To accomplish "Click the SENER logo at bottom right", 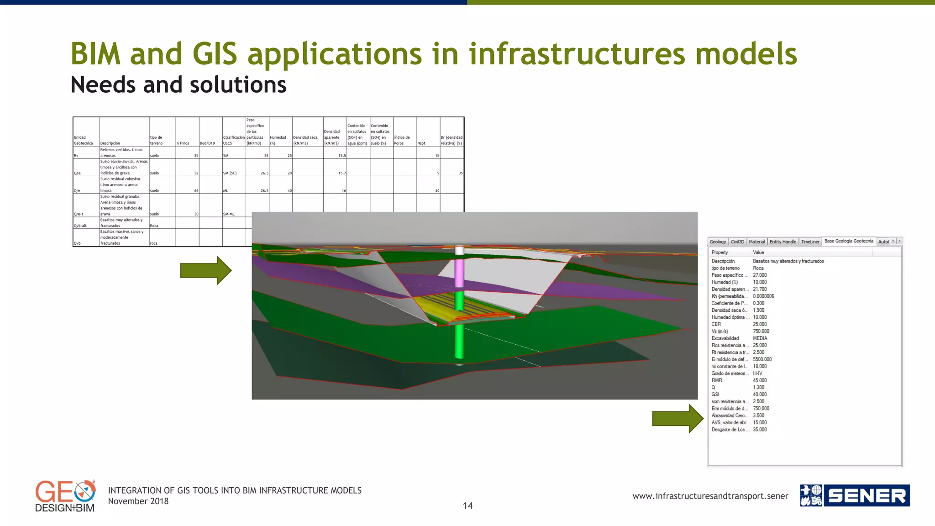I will click(x=855, y=495).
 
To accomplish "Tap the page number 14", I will click(x=467, y=506).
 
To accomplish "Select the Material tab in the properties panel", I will click(x=756, y=242).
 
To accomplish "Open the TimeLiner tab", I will click(x=810, y=242).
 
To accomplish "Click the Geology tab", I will click(x=718, y=242).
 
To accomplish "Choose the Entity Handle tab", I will click(x=783, y=242).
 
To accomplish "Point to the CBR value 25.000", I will click(x=760, y=324).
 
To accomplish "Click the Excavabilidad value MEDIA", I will click(x=760, y=338).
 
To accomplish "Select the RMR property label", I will click(x=717, y=380).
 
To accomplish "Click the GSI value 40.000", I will click(x=760, y=394).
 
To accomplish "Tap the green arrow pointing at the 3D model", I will click(x=205, y=270).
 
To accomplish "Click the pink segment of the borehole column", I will click(x=459, y=272).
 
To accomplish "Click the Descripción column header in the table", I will click(x=110, y=143).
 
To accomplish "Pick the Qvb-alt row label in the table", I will click(x=80, y=226).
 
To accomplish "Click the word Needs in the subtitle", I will click(x=103, y=85).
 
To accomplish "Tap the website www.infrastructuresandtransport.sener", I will click(x=710, y=496).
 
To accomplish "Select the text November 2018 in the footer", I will click(x=138, y=501).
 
